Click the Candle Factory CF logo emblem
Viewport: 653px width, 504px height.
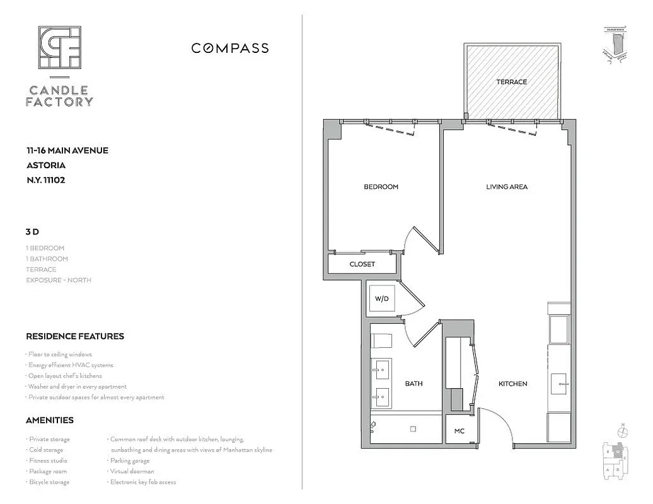pyautogui.click(x=59, y=47)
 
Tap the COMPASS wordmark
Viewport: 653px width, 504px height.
pyautogui.click(x=229, y=49)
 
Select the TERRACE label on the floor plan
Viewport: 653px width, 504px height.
pyautogui.click(x=511, y=82)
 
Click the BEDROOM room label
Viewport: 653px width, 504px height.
pyautogui.click(x=381, y=187)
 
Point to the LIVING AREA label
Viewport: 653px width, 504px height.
pyautogui.click(x=507, y=187)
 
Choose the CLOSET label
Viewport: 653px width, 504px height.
pyautogui.click(x=362, y=264)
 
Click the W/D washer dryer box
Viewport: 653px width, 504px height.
pyautogui.click(x=381, y=299)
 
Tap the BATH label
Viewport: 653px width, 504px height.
pyautogui.click(x=413, y=384)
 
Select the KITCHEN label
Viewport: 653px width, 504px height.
pyautogui.click(x=512, y=384)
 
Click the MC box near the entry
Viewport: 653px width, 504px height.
pyautogui.click(x=459, y=432)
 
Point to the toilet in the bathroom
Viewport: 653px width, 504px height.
pyautogui.click(x=381, y=341)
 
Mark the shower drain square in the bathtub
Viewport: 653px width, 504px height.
pyautogui.click(x=413, y=429)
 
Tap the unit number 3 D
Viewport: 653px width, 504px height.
pyautogui.click(x=32, y=232)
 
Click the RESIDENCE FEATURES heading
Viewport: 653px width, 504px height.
pyautogui.click(x=75, y=336)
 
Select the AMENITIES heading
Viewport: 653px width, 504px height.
pyautogui.click(x=50, y=420)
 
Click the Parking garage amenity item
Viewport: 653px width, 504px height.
pyautogui.click(x=130, y=461)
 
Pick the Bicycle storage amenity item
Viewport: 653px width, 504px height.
pyautogui.click(x=49, y=482)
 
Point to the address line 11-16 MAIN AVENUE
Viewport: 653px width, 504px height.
pyautogui.click(x=67, y=151)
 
